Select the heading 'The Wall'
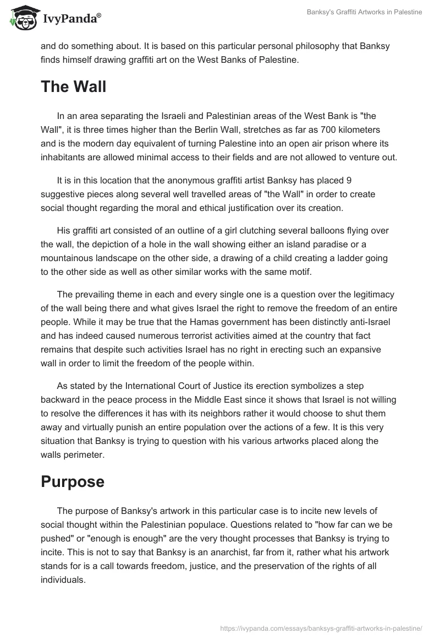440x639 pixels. (x=73, y=86)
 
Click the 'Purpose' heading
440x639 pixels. (x=73, y=481)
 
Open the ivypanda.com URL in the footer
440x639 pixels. (x=321, y=627)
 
